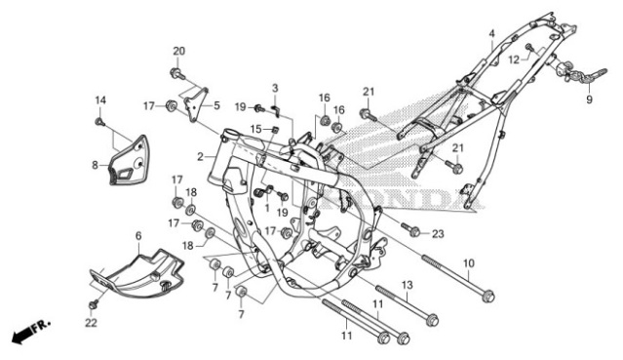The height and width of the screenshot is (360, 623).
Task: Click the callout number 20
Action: tap(178, 51)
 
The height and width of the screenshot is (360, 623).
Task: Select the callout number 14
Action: tap(99, 100)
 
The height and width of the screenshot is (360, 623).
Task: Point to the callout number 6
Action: tap(138, 236)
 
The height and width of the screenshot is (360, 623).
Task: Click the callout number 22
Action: tap(92, 323)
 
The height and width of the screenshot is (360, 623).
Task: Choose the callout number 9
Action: tap(589, 99)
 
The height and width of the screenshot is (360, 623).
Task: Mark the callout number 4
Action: tap(492, 33)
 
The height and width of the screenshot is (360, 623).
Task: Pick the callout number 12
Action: tap(510, 59)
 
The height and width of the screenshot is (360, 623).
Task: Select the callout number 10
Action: tap(468, 263)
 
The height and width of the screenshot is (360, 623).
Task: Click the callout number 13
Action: tap(408, 284)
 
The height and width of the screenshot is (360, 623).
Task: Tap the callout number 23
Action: tap(438, 233)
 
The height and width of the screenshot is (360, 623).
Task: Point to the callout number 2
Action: tap(200, 156)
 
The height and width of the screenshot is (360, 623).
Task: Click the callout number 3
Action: tap(275, 89)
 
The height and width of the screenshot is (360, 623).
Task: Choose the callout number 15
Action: tap(254, 128)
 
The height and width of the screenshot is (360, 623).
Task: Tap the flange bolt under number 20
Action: tap(176, 73)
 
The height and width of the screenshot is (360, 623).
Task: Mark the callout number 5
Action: tap(216, 105)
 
